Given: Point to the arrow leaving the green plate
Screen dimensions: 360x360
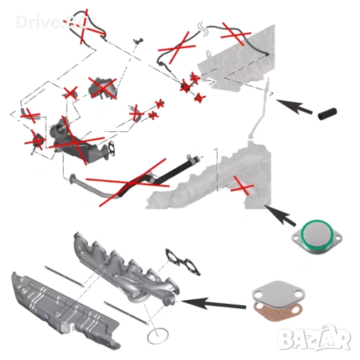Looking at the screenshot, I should pyautogui.click(x=282, y=215).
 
